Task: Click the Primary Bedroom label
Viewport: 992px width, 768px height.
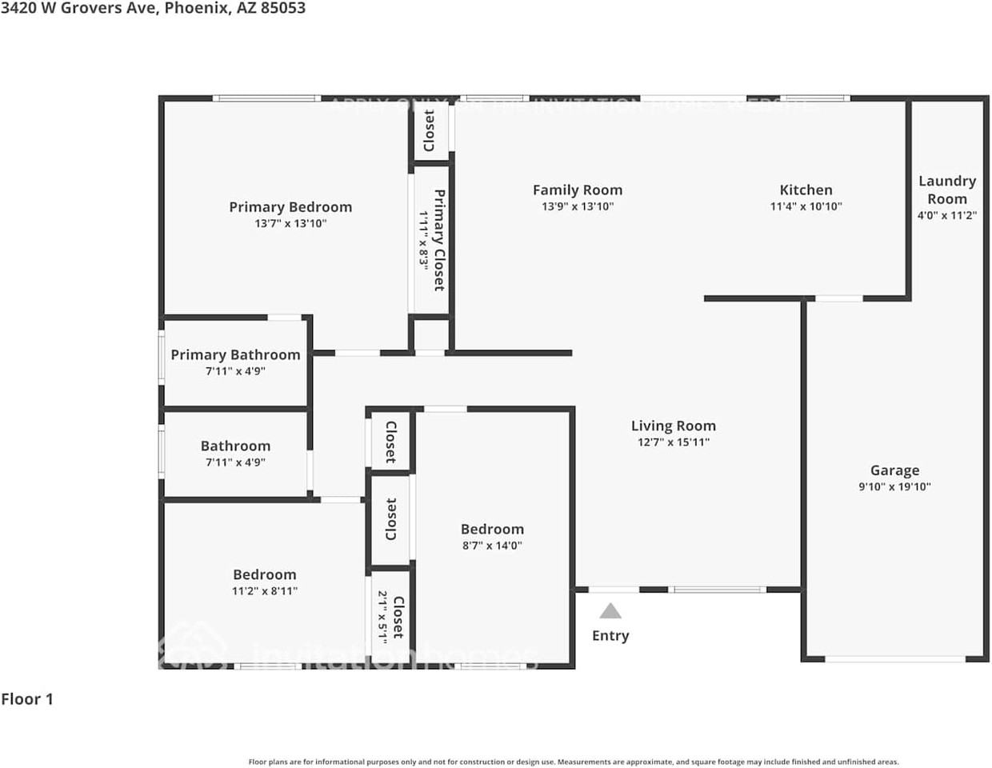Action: [x=290, y=207]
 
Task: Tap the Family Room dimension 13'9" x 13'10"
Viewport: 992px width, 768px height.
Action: [x=577, y=206]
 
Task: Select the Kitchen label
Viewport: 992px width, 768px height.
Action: [x=806, y=190]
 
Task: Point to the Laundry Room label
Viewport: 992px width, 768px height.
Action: [x=946, y=190]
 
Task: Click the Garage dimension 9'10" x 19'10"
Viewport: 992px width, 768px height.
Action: [x=894, y=486]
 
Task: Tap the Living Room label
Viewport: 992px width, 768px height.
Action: [x=673, y=426]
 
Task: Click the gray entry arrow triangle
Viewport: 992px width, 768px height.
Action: [x=610, y=612]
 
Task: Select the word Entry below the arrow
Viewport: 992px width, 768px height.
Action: [x=610, y=636]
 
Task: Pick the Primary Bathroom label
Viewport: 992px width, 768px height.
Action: [x=235, y=354]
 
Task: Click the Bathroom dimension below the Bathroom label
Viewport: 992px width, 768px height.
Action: [x=235, y=462]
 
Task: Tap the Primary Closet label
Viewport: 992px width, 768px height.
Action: [x=439, y=240]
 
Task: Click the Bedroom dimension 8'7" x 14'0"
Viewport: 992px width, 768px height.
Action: [x=492, y=546]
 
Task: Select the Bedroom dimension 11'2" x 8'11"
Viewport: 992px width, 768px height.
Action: [x=264, y=591]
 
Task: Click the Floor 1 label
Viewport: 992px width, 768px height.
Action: [x=27, y=699]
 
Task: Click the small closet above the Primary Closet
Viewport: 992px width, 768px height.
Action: [x=430, y=130]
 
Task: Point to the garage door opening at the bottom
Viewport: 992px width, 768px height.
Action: [x=894, y=659]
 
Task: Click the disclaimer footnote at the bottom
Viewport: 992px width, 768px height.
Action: [x=574, y=762]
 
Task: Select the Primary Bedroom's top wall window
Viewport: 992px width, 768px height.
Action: [x=266, y=98]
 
